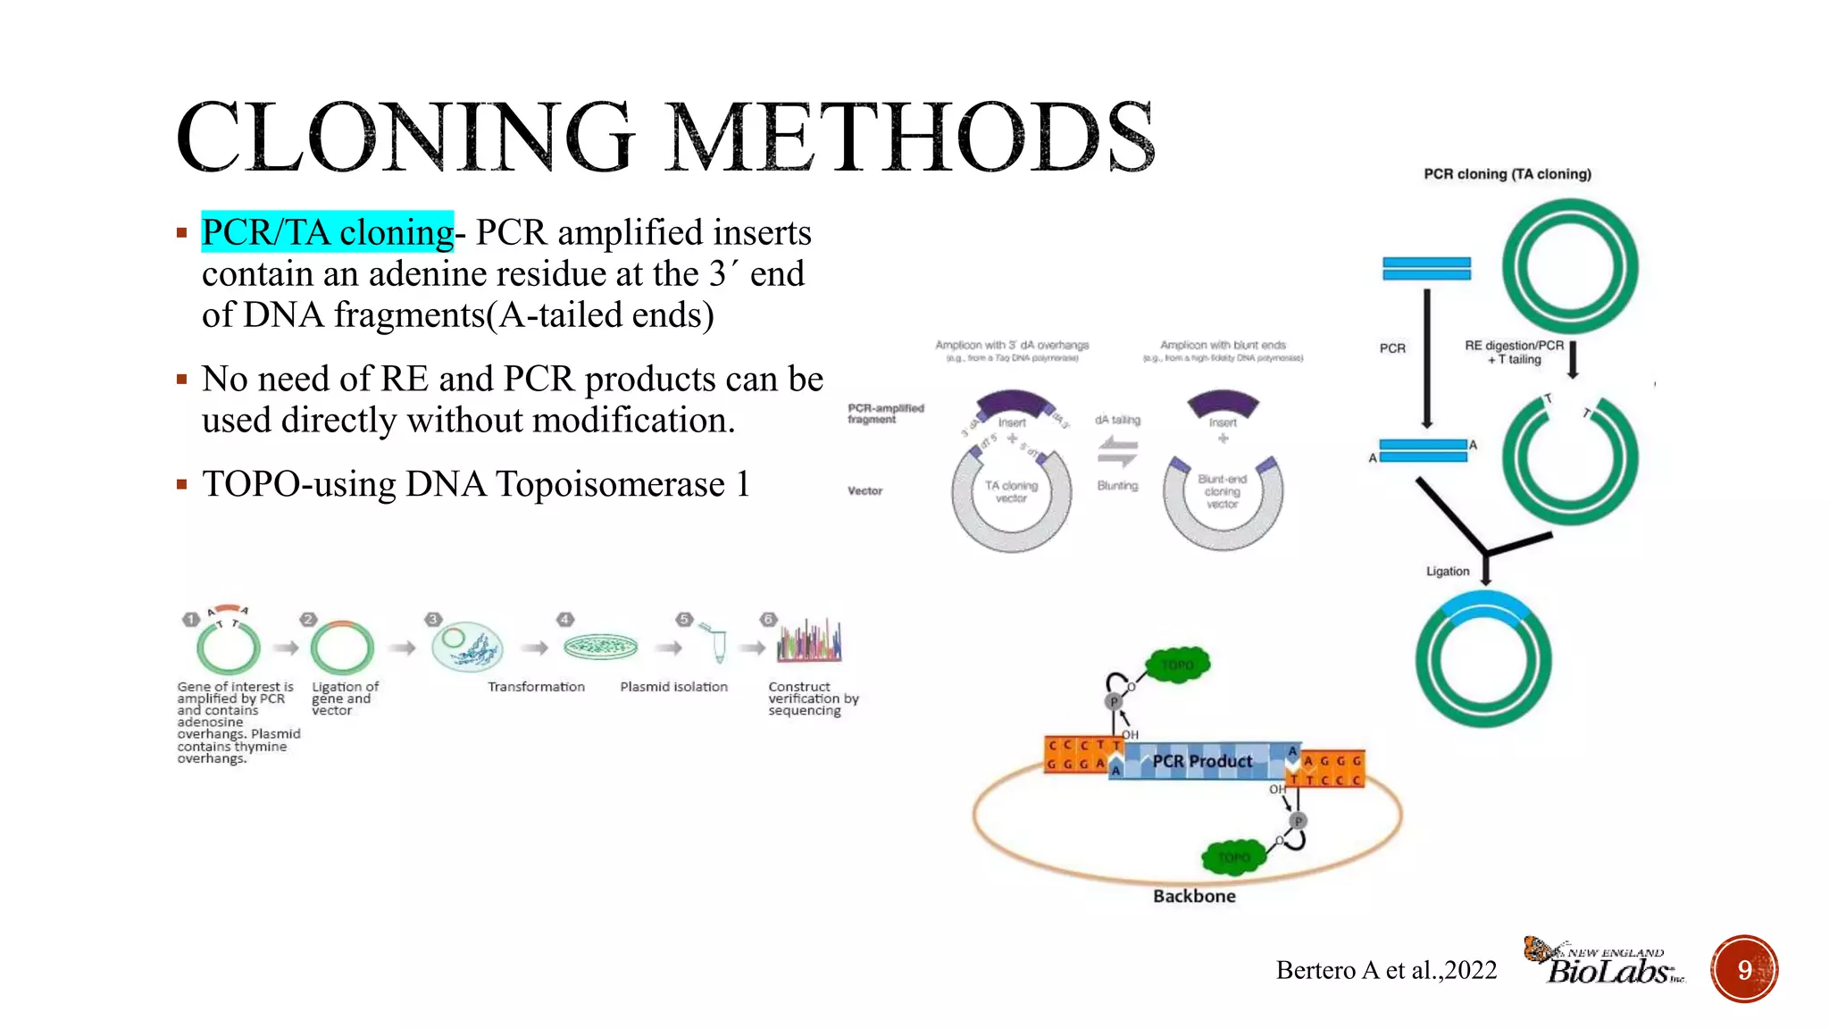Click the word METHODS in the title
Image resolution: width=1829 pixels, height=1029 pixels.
tap(911, 138)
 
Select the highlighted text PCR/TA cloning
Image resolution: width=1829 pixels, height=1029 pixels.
tap(327, 232)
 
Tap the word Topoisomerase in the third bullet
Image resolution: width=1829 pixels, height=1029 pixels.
tap(609, 484)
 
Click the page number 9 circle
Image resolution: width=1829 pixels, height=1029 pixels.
tap(1743, 969)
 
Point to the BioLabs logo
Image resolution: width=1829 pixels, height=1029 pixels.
tap(1605, 962)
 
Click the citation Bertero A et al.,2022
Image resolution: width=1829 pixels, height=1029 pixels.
tap(1386, 970)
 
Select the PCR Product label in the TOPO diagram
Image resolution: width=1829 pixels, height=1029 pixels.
tap(1202, 761)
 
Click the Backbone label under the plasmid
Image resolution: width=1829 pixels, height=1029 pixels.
tap(1194, 896)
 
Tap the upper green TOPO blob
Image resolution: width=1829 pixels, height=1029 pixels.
tap(1178, 665)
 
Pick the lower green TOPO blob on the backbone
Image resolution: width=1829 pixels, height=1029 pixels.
tap(1233, 857)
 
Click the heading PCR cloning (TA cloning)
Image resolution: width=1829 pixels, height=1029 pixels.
tap(1507, 174)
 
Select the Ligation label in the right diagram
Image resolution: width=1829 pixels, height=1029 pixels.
tap(1447, 572)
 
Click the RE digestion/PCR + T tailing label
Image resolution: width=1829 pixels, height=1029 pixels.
tap(1514, 352)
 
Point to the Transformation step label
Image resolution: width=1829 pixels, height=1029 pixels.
tap(536, 687)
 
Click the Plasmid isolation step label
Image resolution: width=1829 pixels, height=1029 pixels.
tap(673, 687)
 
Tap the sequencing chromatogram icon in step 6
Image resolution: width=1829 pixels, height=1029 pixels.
tap(809, 641)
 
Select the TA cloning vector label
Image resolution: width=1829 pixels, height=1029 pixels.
tap(1011, 491)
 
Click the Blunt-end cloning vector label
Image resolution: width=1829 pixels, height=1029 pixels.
tap(1222, 491)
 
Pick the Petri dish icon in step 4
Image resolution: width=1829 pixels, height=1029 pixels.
tap(600, 646)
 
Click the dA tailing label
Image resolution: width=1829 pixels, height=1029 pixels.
tap(1117, 420)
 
